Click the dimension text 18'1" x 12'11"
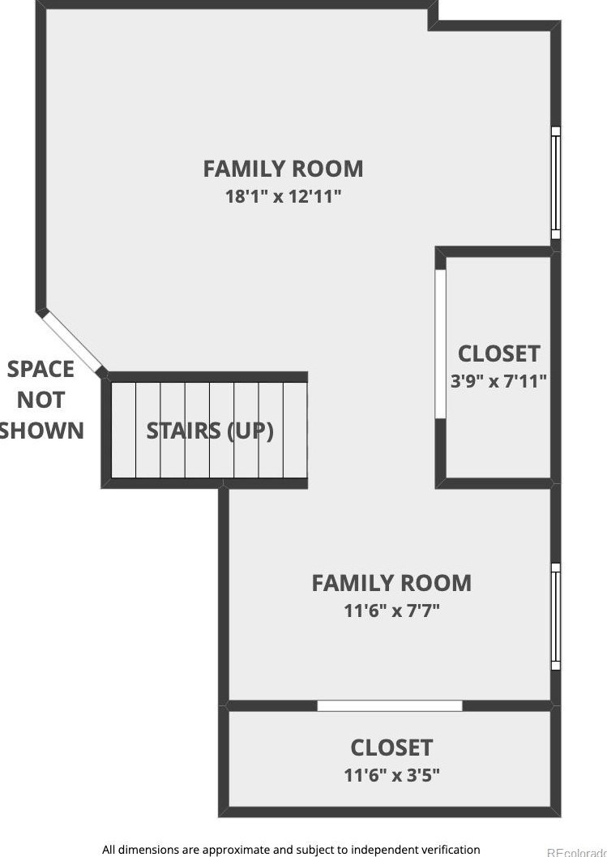coord(283,196)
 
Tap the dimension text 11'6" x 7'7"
coord(391,611)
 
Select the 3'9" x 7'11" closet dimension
coord(498,380)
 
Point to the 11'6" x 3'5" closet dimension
coord(391,775)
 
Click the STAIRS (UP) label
coord(210,431)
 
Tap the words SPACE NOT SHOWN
coord(41,400)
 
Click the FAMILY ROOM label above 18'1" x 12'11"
coord(283,169)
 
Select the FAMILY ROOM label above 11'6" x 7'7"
coord(391,583)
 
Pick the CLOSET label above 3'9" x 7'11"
coord(498,354)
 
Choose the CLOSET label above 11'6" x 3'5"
coord(391,747)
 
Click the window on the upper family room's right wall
coord(556,182)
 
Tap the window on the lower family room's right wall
coord(556,616)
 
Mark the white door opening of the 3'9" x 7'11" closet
coord(440,344)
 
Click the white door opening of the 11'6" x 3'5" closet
coord(389,706)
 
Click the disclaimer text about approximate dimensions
coord(291,850)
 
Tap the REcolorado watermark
coord(576,852)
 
